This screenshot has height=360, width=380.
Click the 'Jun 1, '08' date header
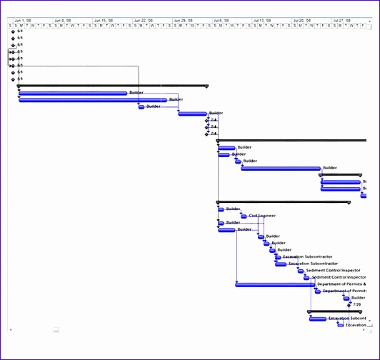pos(23,21)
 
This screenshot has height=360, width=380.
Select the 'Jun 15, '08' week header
pos(103,21)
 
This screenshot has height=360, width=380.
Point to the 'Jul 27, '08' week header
pos(342,21)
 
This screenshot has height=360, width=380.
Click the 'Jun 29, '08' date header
pos(183,21)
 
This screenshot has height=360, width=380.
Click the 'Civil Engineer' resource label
pos(262,216)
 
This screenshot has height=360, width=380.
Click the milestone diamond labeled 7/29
pos(349,304)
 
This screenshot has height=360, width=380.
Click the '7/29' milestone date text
pos(357,304)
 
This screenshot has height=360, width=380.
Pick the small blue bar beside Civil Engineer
pos(244,216)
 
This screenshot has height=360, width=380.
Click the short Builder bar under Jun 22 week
pos(141,106)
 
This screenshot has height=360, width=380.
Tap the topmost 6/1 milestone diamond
pos(13,31)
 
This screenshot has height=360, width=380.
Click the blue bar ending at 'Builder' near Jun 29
pos(192,113)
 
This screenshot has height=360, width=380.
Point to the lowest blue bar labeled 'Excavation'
pos(340,325)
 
